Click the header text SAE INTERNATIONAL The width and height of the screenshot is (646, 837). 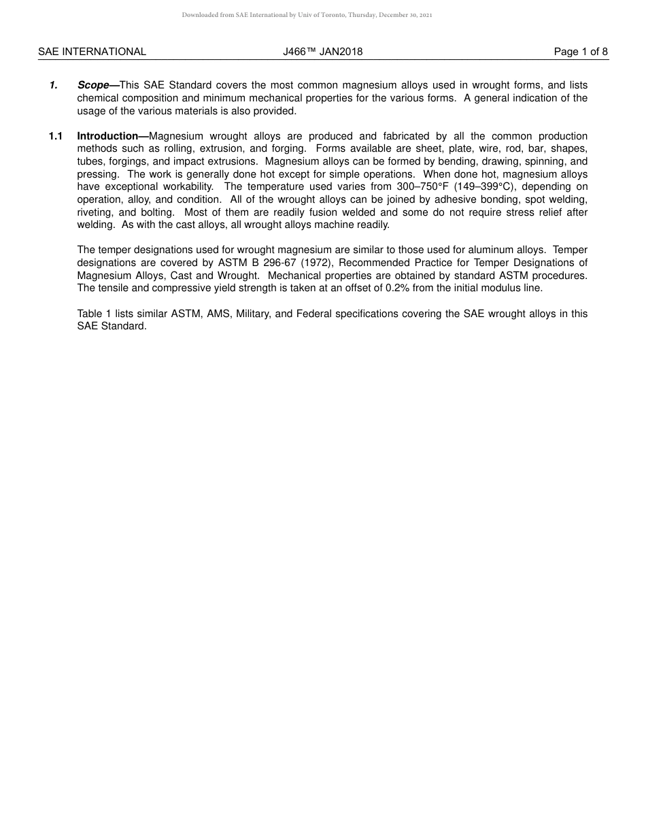point(92,52)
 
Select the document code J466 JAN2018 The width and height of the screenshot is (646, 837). point(323,52)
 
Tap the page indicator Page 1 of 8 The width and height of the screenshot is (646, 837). point(581,52)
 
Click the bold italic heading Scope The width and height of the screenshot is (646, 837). point(93,86)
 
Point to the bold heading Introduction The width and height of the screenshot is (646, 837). point(107,137)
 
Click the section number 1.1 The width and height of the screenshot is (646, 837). point(56,137)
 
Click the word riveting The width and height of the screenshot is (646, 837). point(94,212)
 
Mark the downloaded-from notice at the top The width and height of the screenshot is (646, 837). point(307,15)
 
